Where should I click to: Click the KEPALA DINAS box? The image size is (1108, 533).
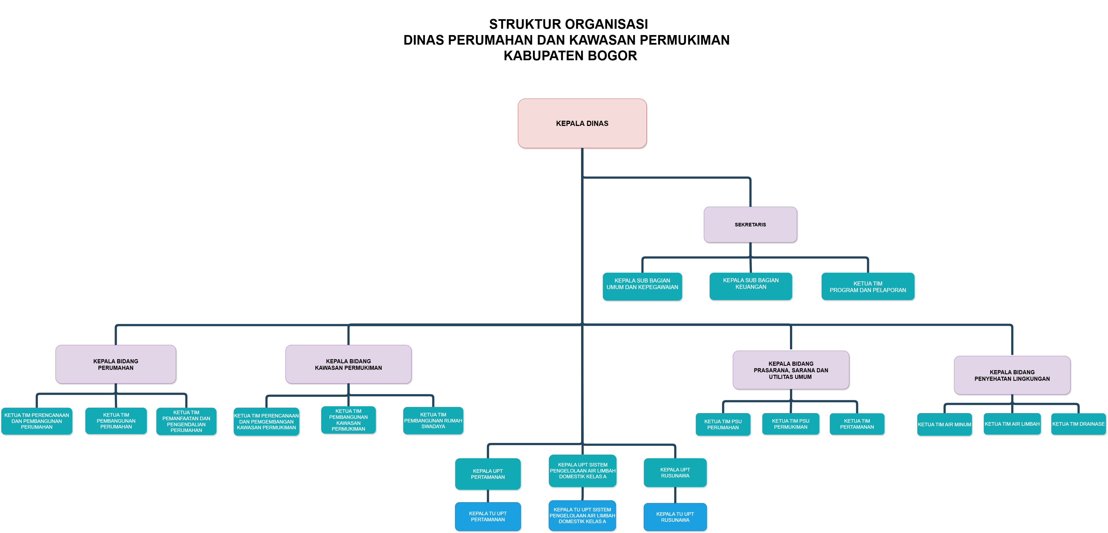coord(582,123)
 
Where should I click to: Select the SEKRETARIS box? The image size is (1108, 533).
coord(750,225)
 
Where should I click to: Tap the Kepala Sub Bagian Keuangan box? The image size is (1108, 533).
coord(751,286)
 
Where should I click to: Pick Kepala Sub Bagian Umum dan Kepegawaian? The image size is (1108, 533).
coord(642,286)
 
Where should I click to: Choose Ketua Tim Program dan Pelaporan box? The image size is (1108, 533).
coord(868,287)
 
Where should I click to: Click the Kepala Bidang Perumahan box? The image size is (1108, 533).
coord(116,364)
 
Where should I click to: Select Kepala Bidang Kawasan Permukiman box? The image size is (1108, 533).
coord(348,364)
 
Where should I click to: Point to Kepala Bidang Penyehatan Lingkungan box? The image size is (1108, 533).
coord(1012,375)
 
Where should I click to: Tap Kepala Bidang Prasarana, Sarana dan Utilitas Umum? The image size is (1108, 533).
coord(791,370)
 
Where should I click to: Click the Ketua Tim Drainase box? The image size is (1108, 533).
coord(1078,424)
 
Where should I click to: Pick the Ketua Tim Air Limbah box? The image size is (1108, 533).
coord(1012,424)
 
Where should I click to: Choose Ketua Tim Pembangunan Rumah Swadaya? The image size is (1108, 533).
coord(433,421)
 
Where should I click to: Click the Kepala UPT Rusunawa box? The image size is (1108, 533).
coord(675,473)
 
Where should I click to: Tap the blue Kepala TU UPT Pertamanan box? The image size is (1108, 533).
coord(488,517)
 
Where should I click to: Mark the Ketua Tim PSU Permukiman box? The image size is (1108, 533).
coord(791,424)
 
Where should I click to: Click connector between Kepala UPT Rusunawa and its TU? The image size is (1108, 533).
coord(675,495)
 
